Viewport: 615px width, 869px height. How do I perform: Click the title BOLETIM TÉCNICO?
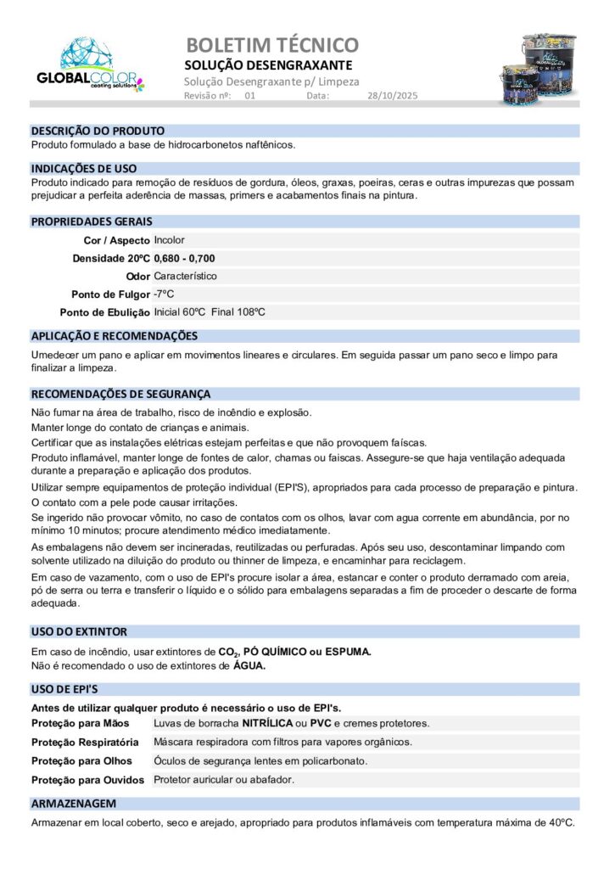click(x=271, y=45)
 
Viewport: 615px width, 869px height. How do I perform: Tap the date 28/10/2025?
click(x=393, y=96)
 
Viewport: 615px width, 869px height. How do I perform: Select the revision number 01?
click(x=249, y=96)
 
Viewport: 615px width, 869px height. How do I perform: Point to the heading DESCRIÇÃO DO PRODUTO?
click(x=98, y=131)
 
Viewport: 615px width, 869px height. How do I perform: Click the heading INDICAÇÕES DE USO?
click(x=84, y=168)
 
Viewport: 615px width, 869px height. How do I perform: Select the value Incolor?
click(x=169, y=240)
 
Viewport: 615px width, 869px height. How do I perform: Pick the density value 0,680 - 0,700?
click(x=184, y=258)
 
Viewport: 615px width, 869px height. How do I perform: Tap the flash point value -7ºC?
click(x=164, y=294)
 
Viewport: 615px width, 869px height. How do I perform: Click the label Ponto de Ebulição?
click(x=104, y=312)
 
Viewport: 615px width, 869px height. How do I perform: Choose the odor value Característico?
click(x=185, y=276)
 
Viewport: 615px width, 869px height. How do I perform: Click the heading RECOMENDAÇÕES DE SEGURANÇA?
click(x=120, y=394)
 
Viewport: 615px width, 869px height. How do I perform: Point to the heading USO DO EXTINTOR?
click(x=79, y=631)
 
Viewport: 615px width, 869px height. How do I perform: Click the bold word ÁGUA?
click(x=249, y=666)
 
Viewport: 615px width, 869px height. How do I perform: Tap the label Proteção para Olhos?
click(x=81, y=761)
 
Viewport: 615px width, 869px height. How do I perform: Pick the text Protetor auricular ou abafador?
click(x=224, y=779)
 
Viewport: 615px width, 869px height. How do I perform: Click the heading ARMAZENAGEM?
click(x=74, y=803)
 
